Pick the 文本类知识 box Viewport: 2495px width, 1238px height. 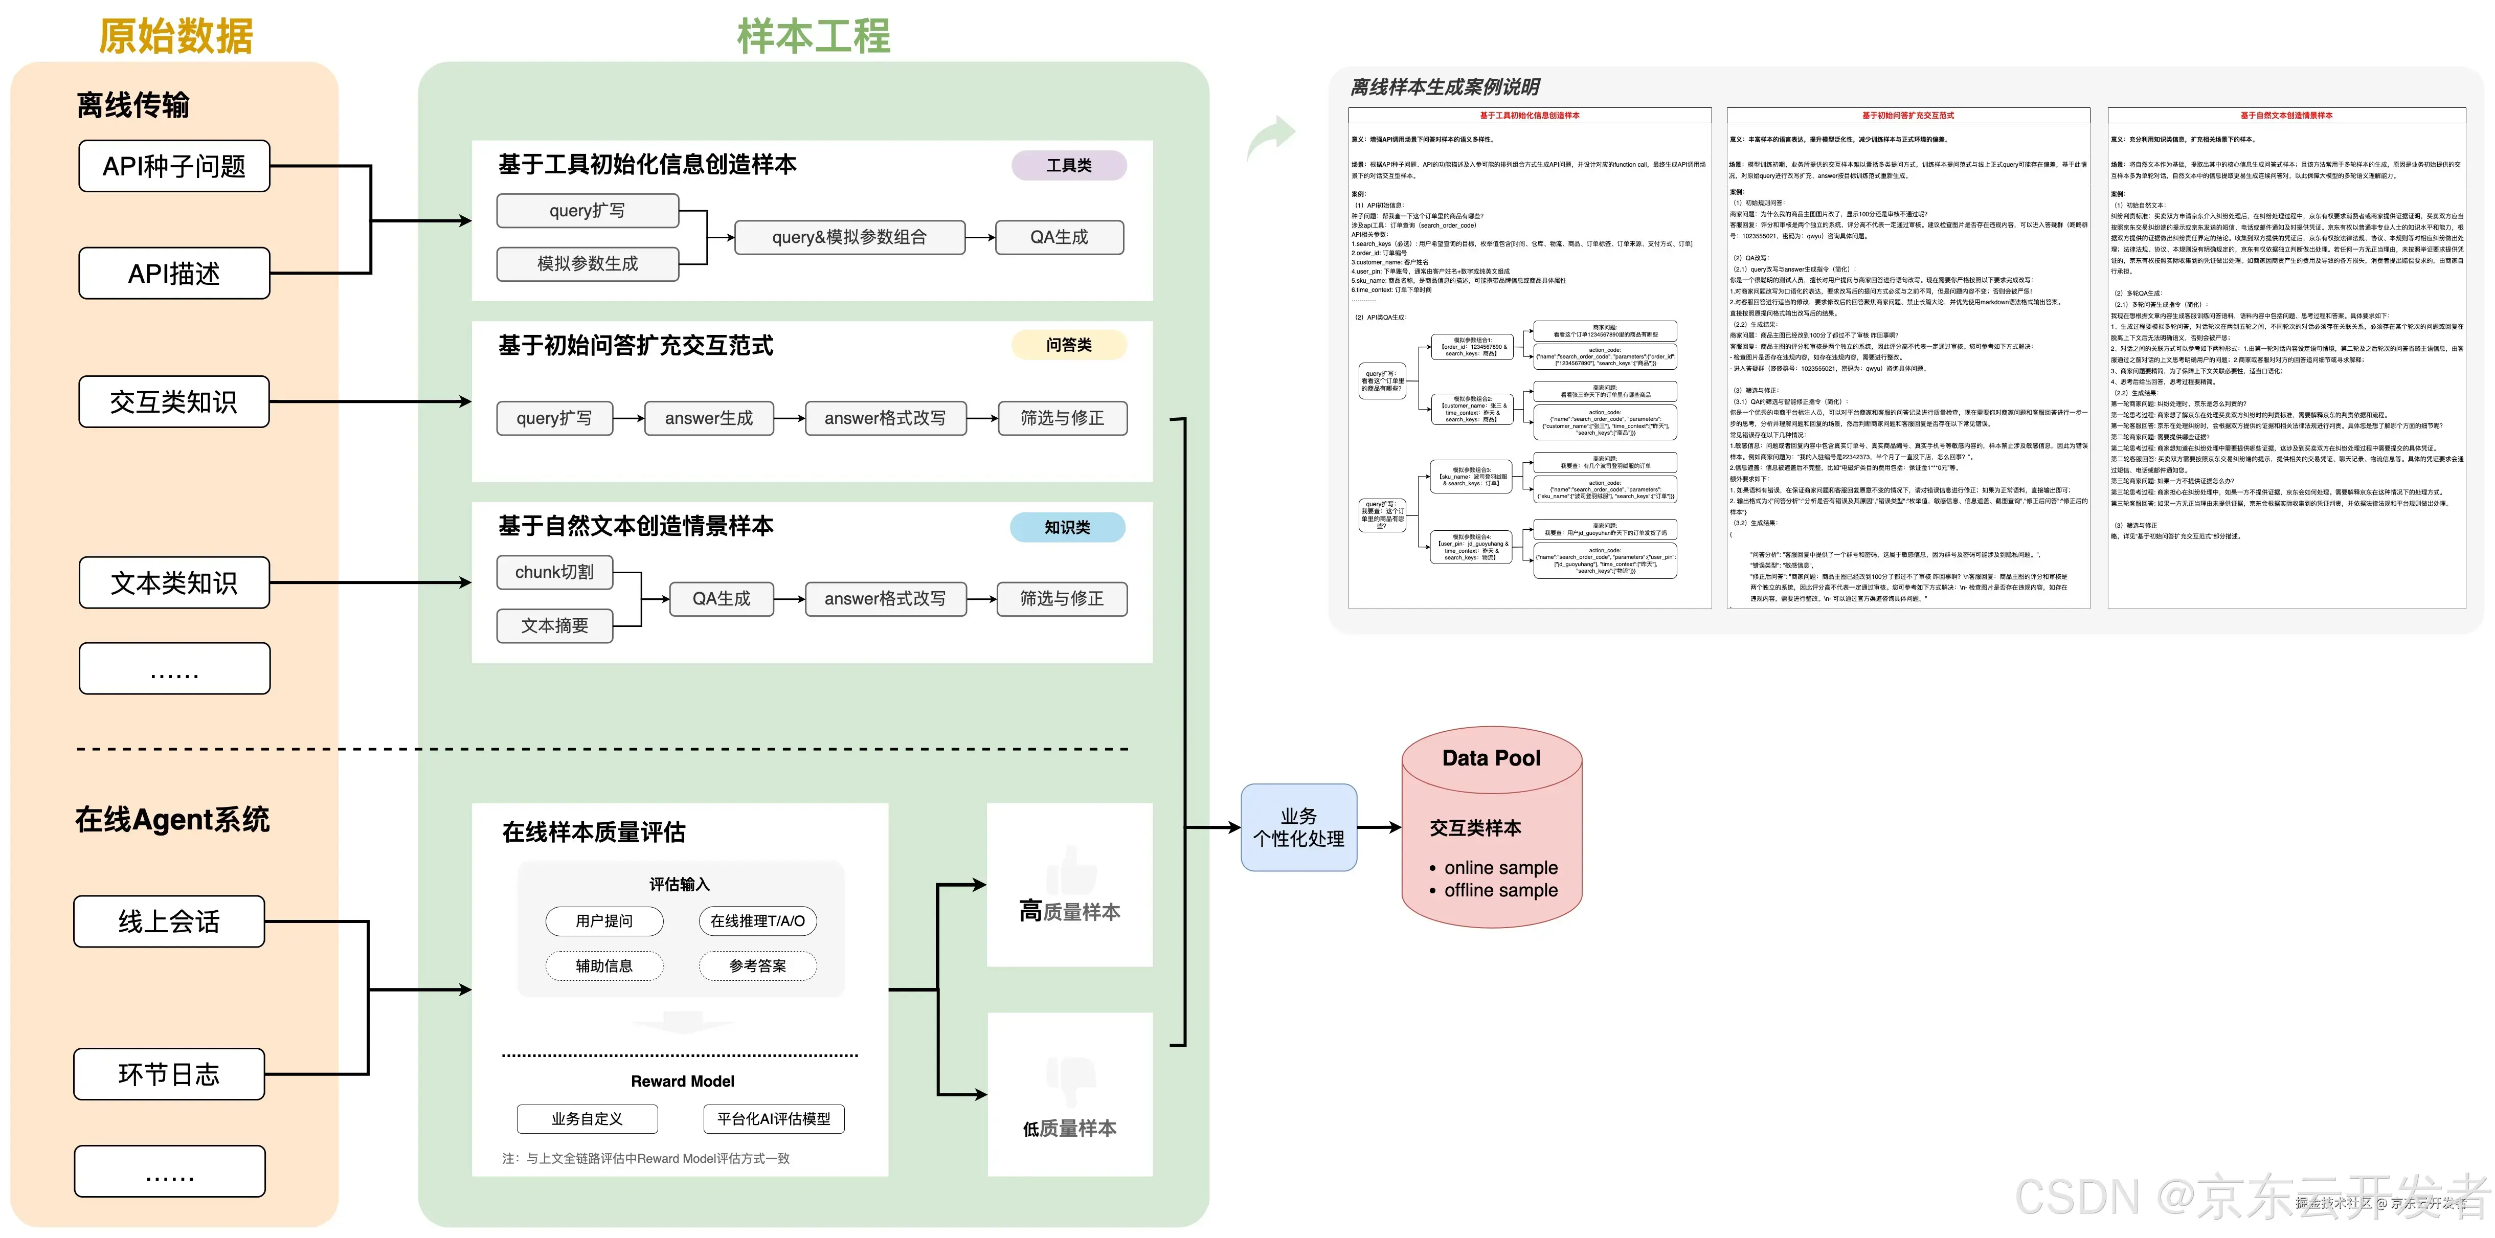(174, 583)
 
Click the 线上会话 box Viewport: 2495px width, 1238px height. (169, 921)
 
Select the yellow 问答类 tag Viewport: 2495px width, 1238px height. (1068, 345)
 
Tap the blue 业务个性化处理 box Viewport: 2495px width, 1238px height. (1299, 827)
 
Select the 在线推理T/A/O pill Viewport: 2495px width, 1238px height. (757, 920)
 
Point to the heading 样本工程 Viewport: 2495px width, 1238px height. (814, 36)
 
